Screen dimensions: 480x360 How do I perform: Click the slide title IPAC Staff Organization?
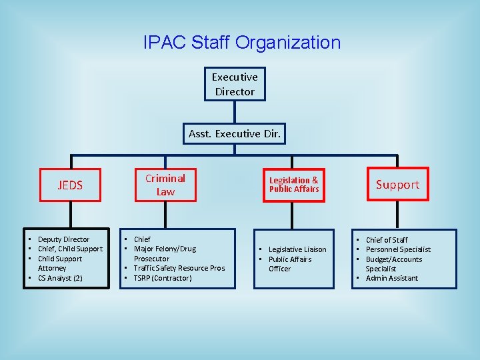click(x=241, y=43)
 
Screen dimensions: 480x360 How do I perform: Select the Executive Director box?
click(x=235, y=84)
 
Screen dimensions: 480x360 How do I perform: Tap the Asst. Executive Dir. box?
click(x=234, y=133)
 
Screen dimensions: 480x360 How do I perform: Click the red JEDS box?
click(x=70, y=185)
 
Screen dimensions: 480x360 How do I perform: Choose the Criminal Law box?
click(x=165, y=185)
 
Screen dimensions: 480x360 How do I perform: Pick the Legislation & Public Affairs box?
click(x=294, y=185)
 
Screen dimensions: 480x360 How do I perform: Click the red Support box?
click(x=397, y=185)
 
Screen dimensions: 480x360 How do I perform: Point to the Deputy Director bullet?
click(x=63, y=239)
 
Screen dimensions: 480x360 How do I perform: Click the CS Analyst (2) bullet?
click(x=60, y=278)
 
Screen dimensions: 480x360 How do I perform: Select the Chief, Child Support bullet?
click(x=70, y=249)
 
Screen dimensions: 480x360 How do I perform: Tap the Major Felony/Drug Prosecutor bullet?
click(x=164, y=253)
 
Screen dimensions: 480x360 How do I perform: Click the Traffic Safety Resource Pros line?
click(x=179, y=268)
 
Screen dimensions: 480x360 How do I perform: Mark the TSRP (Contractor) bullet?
click(x=162, y=278)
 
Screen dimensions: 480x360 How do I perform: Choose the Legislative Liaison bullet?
click(x=297, y=249)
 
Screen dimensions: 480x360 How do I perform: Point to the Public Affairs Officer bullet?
click(x=289, y=264)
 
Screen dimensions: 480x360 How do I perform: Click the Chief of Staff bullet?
click(x=387, y=240)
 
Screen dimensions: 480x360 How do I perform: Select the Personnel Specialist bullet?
click(x=398, y=249)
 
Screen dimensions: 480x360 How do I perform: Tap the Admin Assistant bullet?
click(x=392, y=278)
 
